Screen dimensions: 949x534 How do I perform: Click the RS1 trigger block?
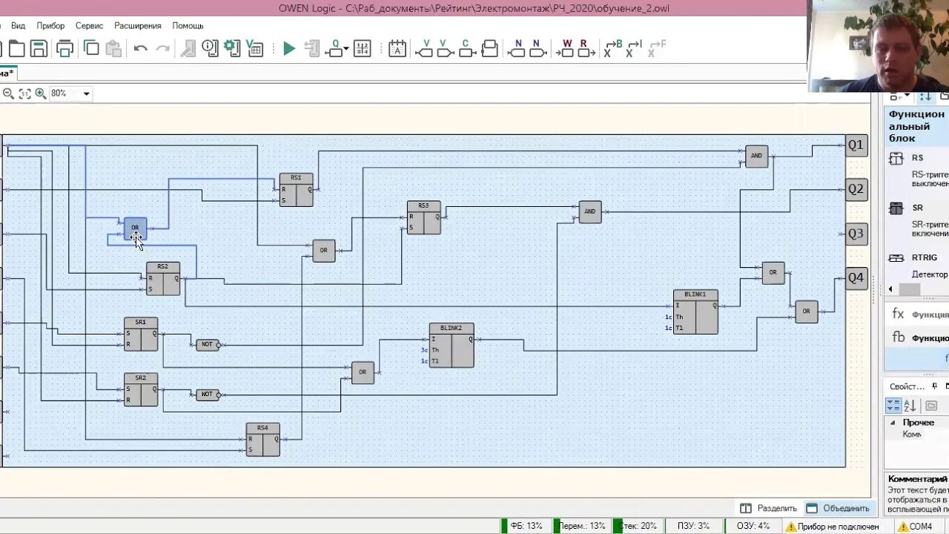point(296,190)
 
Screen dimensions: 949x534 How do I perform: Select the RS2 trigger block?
point(162,279)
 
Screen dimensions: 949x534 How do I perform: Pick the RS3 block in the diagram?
point(423,217)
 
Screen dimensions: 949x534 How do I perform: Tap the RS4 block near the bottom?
point(262,440)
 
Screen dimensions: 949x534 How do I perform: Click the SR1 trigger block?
point(141,334)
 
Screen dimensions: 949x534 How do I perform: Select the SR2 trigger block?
point(141,389)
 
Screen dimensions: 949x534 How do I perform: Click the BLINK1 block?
point(695,311)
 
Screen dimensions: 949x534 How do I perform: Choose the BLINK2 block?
point(451,345)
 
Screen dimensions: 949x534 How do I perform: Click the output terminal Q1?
point(856,145)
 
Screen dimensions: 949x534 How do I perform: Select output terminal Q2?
point(856,189)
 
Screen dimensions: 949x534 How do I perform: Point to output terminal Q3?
point(856,234)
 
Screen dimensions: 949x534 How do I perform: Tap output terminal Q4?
point(856,278)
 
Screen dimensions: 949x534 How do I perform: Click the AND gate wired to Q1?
point(756,156)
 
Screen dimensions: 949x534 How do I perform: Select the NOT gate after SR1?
point(207,344)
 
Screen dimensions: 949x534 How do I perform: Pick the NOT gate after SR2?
point(207,394)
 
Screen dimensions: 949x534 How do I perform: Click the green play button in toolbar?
point(289,49)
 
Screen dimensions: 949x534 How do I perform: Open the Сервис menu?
point(89,25)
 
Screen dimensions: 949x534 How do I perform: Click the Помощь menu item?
point(188,25)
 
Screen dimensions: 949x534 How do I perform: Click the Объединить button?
point(838,508)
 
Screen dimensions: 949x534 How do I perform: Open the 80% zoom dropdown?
point(86,93)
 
